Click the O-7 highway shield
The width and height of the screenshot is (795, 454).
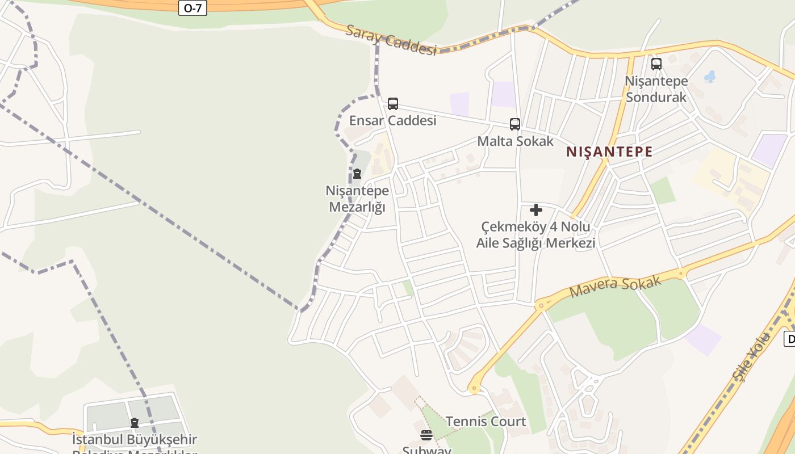click(x=193, y=8)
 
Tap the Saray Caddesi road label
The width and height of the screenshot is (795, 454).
click(x=391, y=40)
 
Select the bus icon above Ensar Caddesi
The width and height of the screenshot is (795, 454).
click(x=392, y=104)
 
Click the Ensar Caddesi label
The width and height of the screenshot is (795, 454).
click(x=392, y=120)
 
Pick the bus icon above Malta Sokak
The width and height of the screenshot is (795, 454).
click(x=515, y=124)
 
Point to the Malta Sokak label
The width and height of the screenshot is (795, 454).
click(x=515, y=141)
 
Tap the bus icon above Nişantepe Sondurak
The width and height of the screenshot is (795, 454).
click(x=656, y=64)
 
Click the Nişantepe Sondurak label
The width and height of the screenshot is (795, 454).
click(x=656, y=89)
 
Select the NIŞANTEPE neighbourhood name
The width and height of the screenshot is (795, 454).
click(x=609, y=152)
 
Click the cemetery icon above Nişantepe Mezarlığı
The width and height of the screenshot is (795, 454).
click(x=357, y=174)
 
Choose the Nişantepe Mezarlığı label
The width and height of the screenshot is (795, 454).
click(x=357, y=199)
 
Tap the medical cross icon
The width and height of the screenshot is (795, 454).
click(x=535, y=211)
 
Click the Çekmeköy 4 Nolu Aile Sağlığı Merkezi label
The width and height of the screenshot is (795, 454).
click(x=535, y=235)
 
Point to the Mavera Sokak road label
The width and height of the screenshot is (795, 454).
click(x=615, y=287)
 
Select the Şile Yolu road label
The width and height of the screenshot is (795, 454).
click(x=752, y=357)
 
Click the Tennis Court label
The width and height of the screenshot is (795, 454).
click(x=486, y=422)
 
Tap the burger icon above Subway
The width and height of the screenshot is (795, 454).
click(x=426, y=435)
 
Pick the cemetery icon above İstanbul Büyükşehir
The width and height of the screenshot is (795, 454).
click(x=135, y=423)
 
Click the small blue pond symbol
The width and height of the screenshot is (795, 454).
click(x=710, y=76)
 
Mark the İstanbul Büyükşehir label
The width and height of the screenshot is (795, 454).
click(x=135, y=440)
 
